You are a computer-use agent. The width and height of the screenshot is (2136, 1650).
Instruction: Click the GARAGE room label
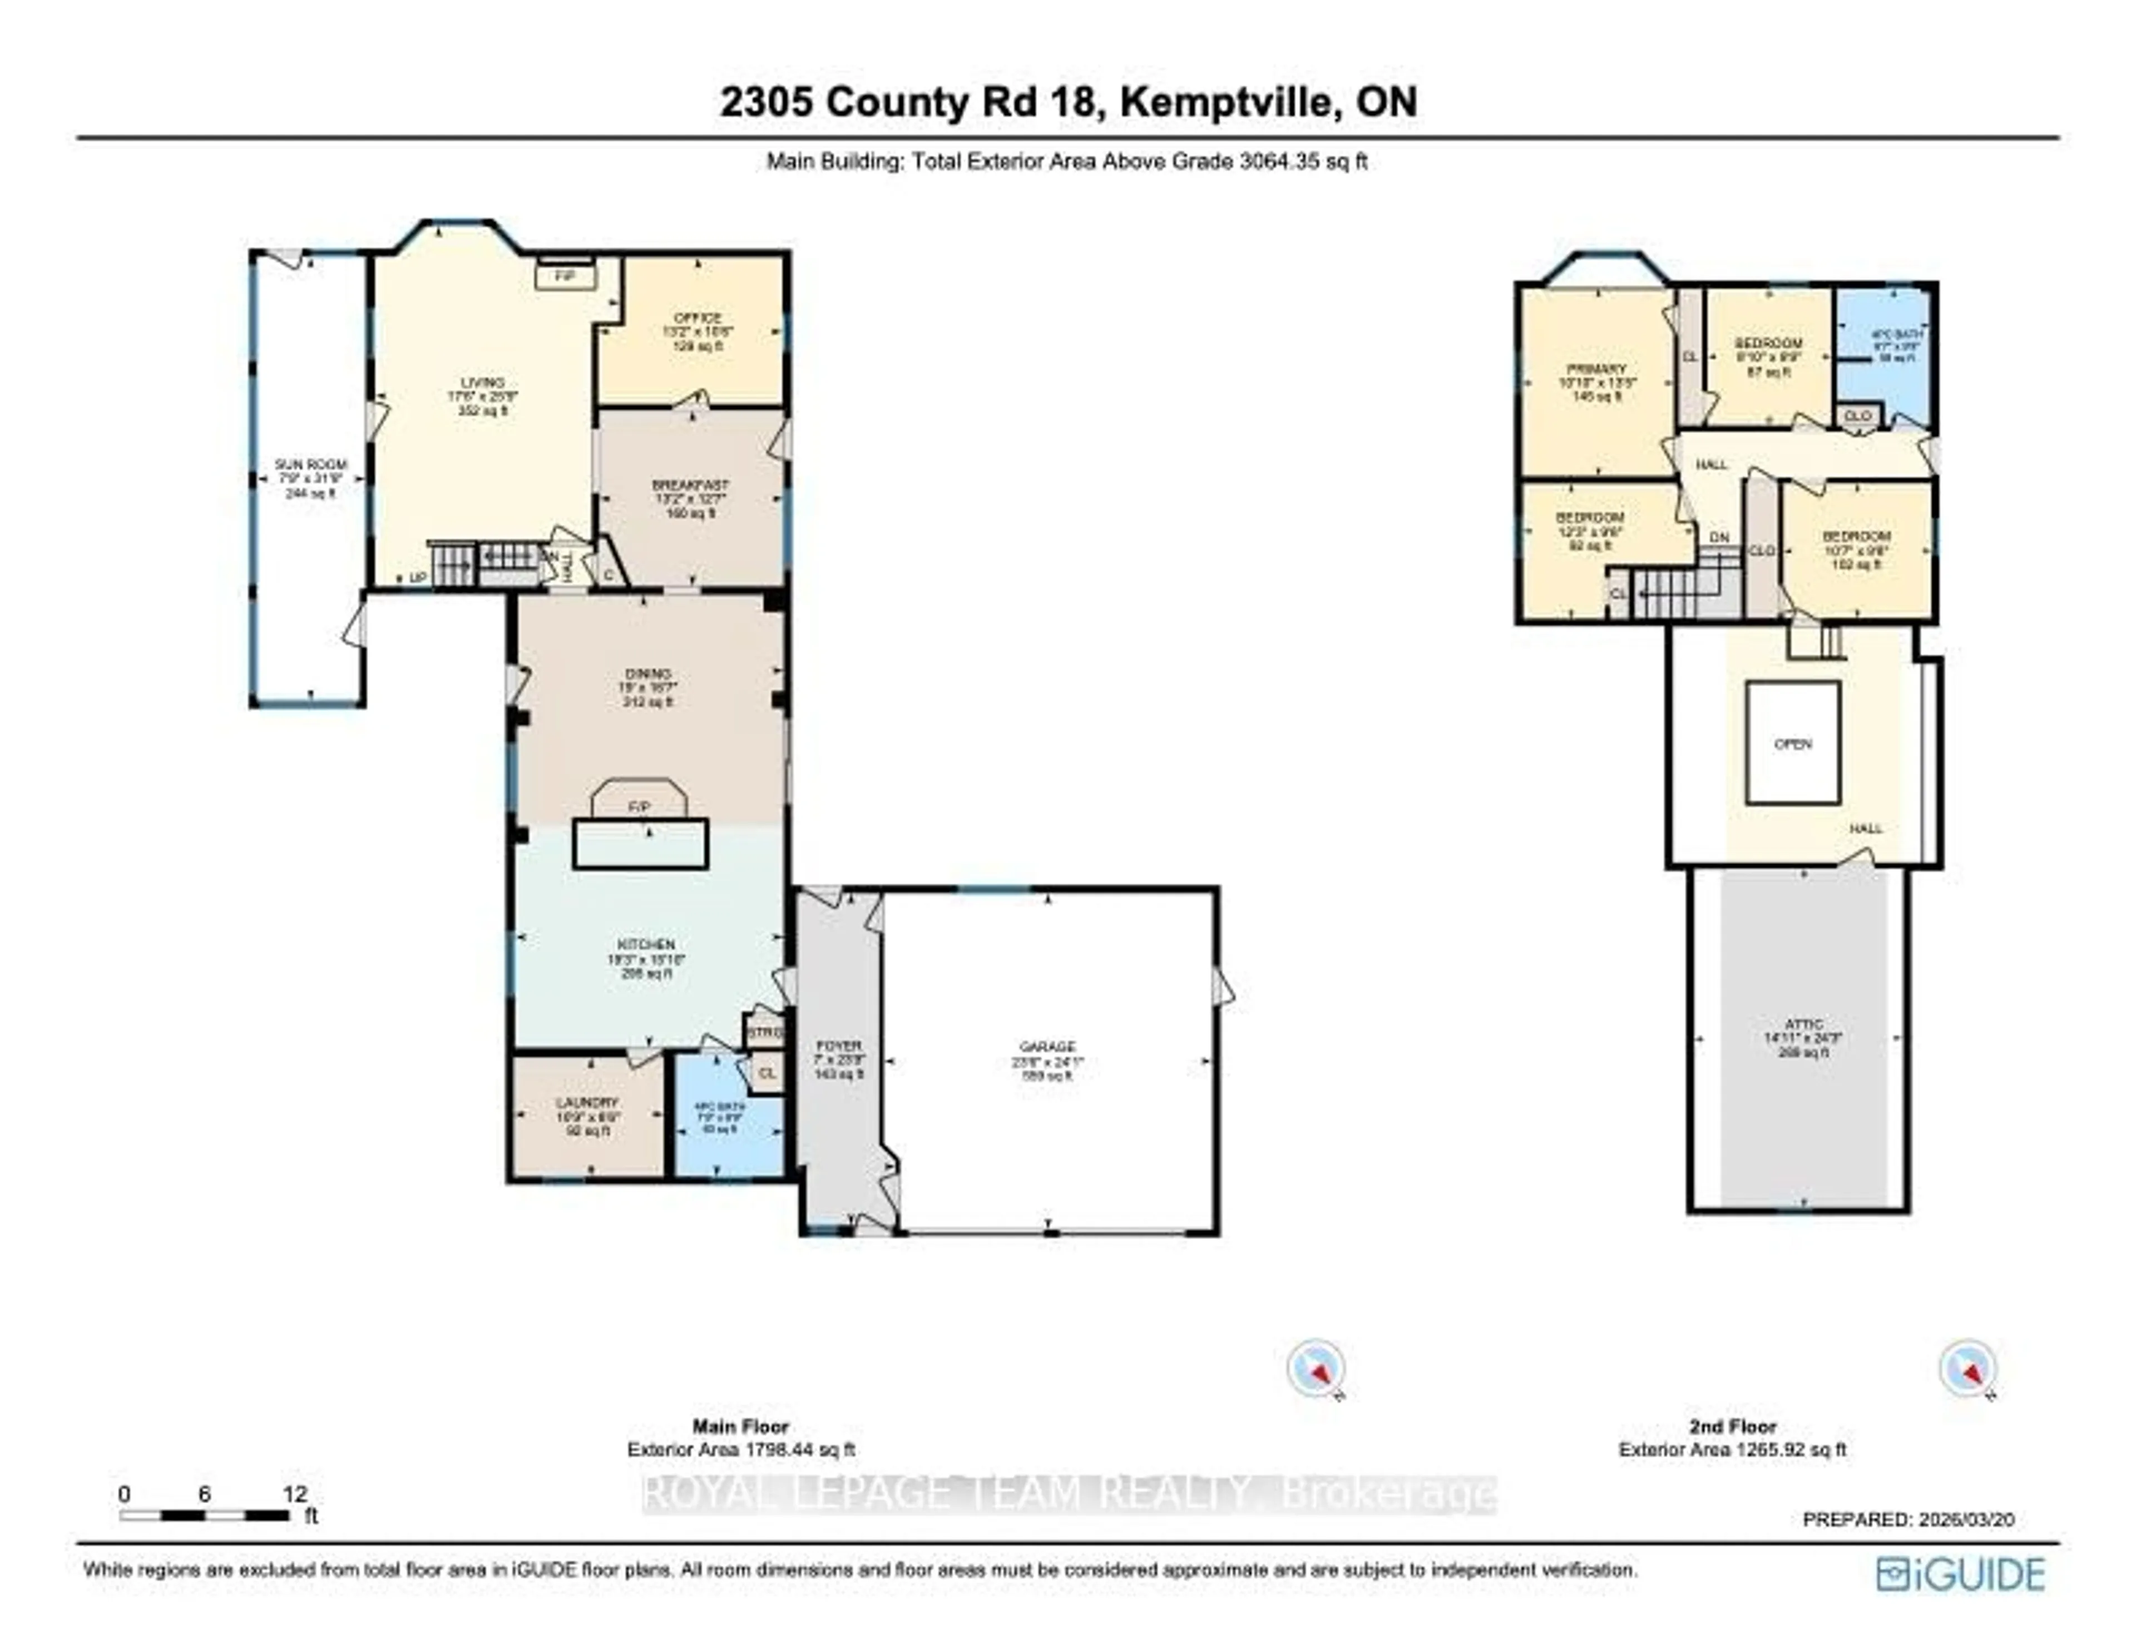click(1047, 1047)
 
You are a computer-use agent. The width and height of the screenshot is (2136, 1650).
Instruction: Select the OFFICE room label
click(698, 319)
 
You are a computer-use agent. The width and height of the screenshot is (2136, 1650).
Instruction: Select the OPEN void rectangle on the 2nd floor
click(1793, 744)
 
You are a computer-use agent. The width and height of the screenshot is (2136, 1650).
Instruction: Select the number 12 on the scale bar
click(294, 1494)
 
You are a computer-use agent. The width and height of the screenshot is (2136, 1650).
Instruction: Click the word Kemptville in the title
click(1228, 102)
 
